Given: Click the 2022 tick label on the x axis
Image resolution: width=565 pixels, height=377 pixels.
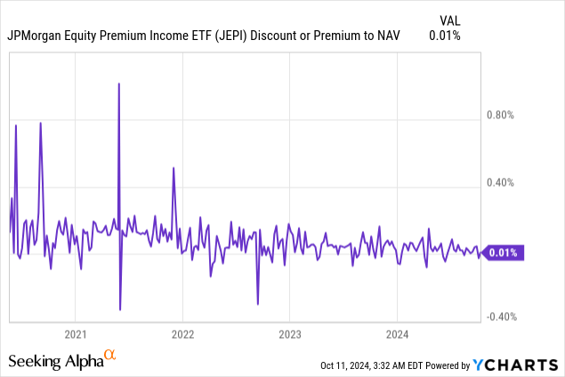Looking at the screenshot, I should (x=182, y=335).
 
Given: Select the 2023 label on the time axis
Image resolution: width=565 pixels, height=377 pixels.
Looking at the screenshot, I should (x=289, y=335).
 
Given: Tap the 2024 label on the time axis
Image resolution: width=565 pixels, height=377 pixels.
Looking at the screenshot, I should (x=397, y=335).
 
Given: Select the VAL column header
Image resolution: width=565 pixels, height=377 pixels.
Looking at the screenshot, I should (x=452, y=19).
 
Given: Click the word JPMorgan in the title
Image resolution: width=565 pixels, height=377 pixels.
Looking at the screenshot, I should (x=38, y=36).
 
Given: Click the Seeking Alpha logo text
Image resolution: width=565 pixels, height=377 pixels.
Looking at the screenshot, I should (x=55, y=361).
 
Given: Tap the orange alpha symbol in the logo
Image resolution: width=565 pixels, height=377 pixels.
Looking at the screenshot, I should (x=110, y=356).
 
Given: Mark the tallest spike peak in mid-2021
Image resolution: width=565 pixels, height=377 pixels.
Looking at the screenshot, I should (x=119, y=84).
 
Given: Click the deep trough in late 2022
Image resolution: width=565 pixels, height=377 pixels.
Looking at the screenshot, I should (x=258, y=304).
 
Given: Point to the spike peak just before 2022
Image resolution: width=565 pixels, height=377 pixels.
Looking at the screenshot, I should (x=174, y=168).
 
